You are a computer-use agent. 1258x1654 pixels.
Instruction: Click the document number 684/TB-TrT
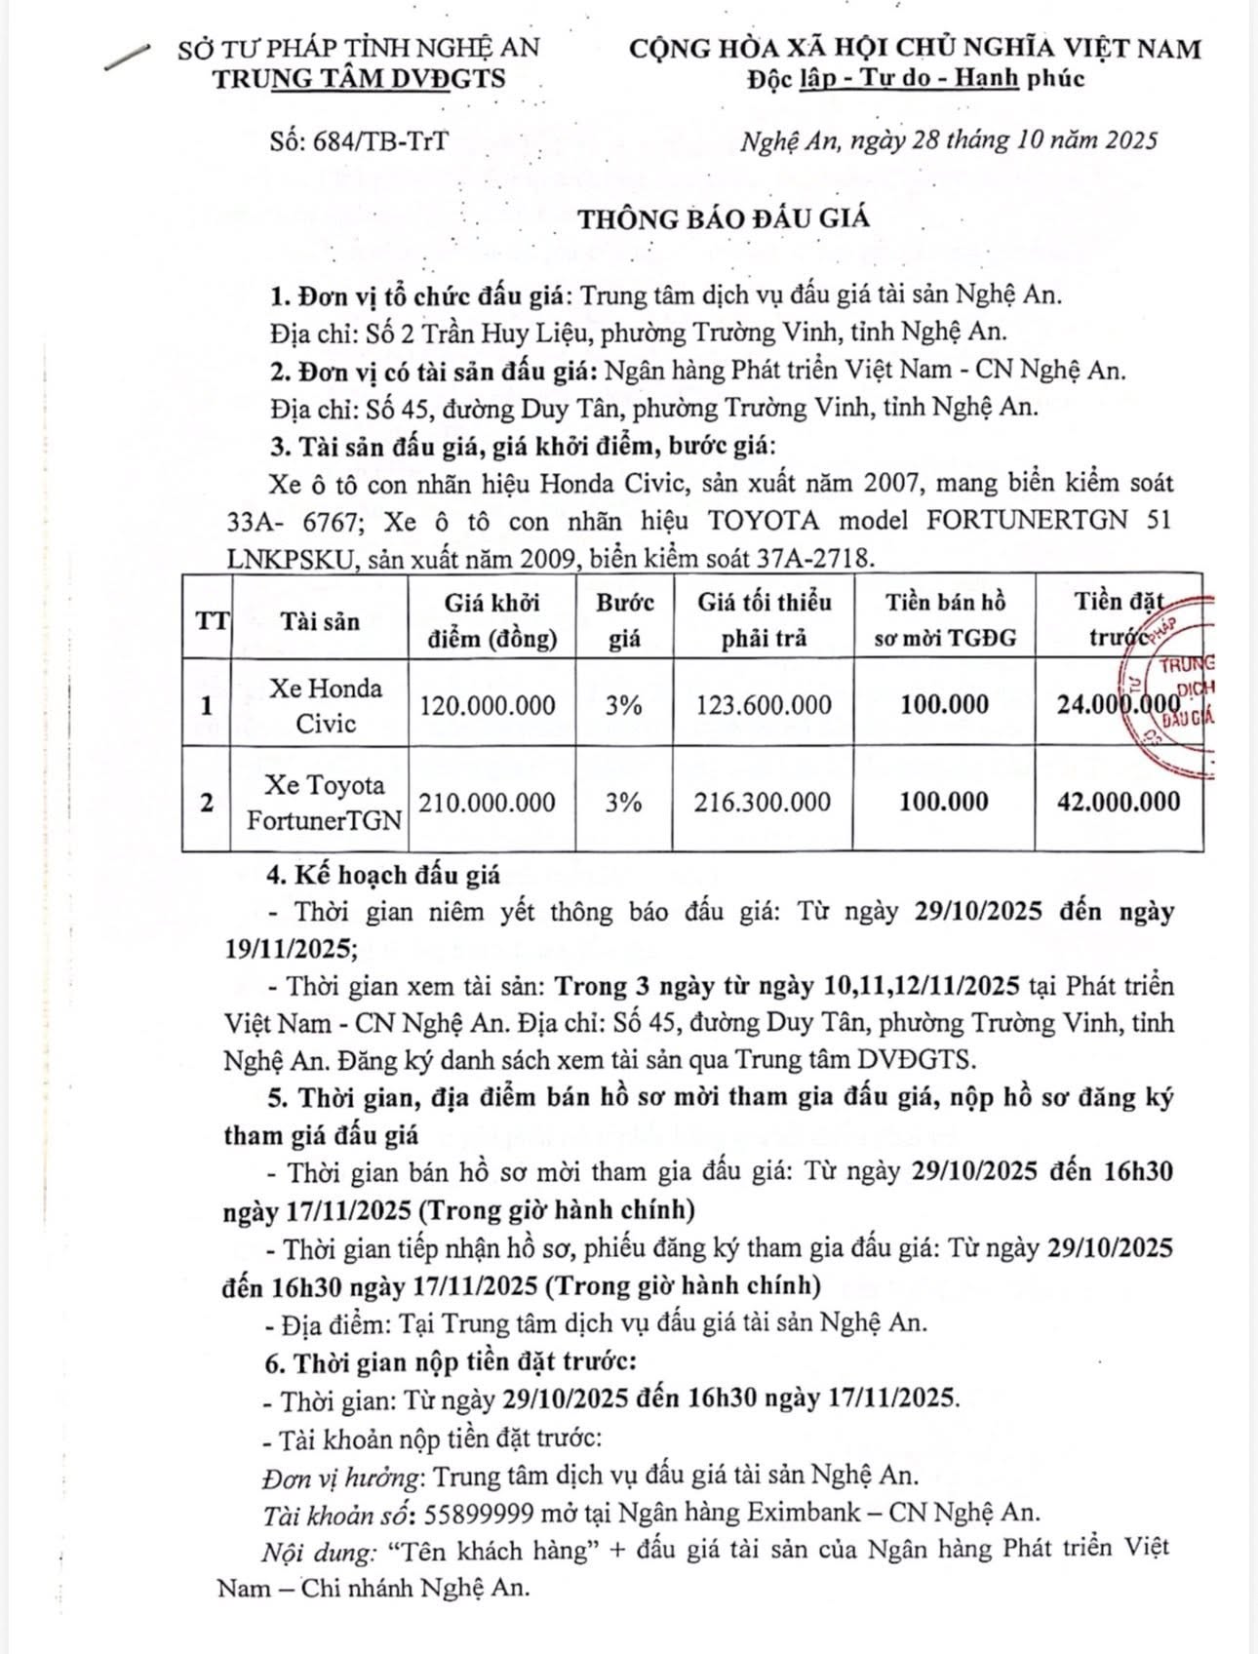360,141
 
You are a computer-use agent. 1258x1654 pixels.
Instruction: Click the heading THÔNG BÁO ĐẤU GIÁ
725,217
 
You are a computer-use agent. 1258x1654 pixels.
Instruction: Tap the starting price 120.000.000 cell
488,705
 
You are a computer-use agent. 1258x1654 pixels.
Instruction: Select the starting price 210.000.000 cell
488,803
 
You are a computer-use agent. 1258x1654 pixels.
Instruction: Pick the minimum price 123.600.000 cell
764,705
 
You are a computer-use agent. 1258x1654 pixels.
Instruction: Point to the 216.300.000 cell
764,803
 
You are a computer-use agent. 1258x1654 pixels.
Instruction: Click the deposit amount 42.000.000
1119,803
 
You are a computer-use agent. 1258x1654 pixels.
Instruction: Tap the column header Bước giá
625,620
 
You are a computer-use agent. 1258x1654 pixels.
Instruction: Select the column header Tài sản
320,621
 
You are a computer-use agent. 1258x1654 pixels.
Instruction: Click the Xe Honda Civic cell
326,705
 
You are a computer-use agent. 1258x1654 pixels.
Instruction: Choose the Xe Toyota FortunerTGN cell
324,803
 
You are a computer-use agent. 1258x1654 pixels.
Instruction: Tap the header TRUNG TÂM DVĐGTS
360,79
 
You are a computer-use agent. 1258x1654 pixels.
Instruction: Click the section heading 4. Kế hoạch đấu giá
383,874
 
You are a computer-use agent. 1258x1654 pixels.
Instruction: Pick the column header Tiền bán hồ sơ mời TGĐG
944,620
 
